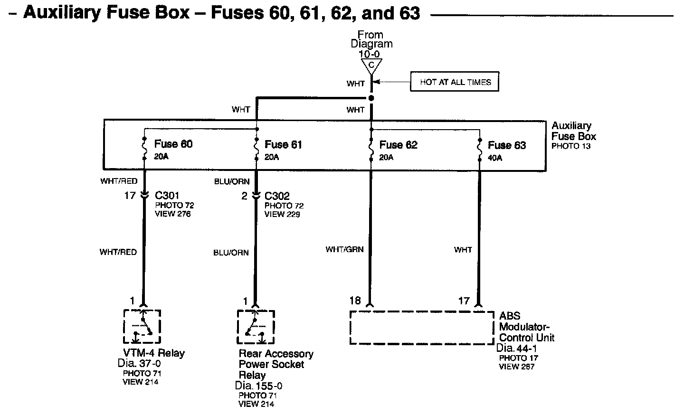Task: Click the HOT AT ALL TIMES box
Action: [x=455, y=82]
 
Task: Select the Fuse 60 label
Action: [x=173, y=144]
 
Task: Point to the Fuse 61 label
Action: [x=283, y=144]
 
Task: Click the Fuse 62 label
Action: [x=398, y=145]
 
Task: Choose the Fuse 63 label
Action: [x=507, y=145]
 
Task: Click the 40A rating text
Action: [x=494, y=158]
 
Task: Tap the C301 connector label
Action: [x=167, y=196]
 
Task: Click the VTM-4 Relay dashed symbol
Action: [x=142, y=327]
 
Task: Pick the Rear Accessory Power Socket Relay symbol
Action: [x=256, y=327]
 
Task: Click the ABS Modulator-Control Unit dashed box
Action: [x=421, y=328]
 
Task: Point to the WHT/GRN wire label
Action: [x=344, y=249]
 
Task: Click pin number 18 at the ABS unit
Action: [x=355, y=301]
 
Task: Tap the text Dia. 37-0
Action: [x=139, y=363]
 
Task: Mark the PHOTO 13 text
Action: [x=571, y=146]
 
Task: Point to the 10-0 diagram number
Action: [x=369, y=54]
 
